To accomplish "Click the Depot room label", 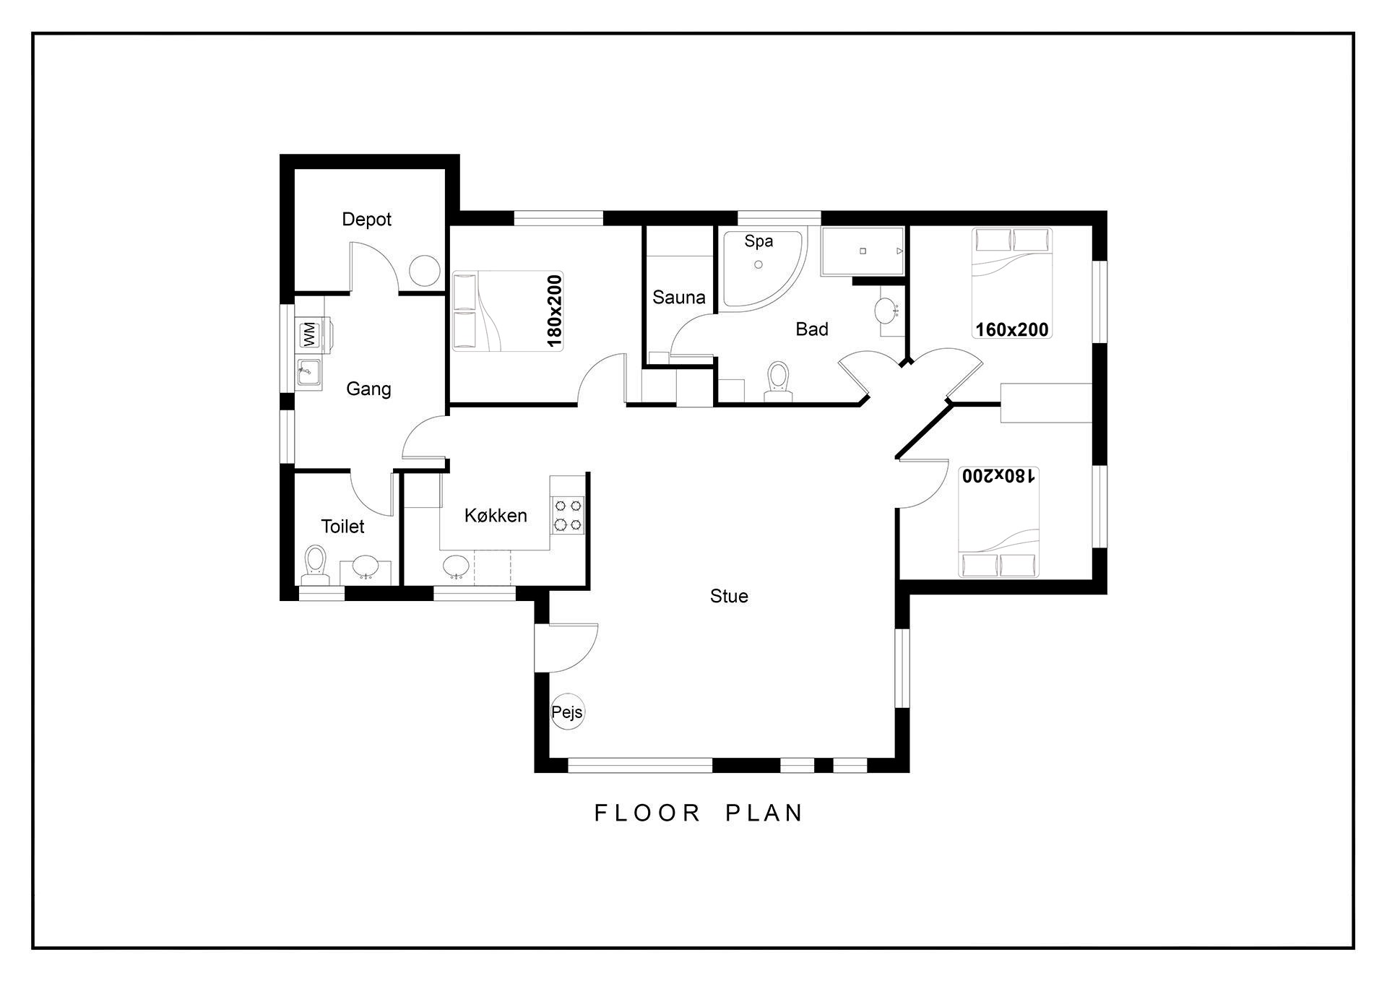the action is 366,219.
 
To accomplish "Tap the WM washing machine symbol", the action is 309,334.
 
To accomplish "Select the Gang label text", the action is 368,389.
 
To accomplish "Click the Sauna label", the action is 678,297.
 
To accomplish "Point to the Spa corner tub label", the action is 759,241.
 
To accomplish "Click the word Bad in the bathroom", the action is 811,329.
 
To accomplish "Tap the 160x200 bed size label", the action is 1011,329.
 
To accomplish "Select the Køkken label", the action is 496,515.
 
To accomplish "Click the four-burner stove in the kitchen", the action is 568,515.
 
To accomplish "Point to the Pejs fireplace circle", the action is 567,712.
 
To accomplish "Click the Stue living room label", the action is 729,596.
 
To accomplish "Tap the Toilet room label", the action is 342,526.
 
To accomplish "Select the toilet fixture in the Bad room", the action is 778,381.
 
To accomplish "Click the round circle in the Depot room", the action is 425,271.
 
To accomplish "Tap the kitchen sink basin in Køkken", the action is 456,566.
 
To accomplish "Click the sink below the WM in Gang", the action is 309,373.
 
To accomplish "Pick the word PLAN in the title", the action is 764,813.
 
